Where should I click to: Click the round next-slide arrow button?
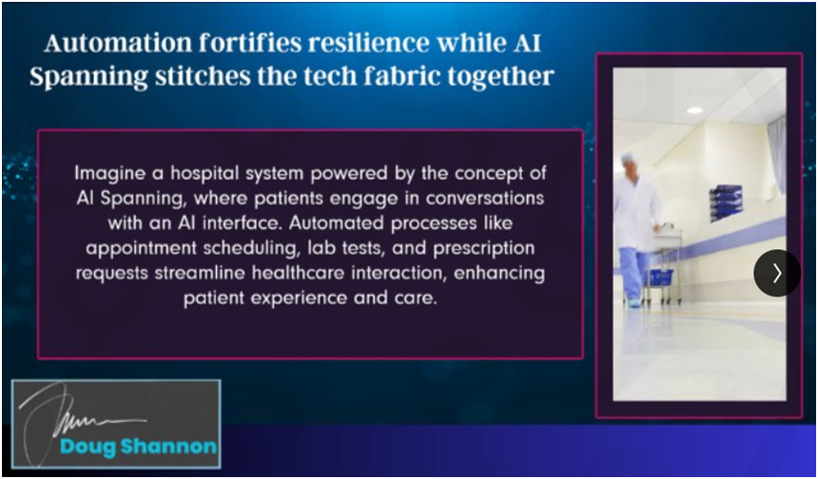point(777,273)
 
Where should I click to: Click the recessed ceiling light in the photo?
point(694,110)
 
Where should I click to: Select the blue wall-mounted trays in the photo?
point(726,201)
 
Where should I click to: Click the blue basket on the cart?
point(660,277)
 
